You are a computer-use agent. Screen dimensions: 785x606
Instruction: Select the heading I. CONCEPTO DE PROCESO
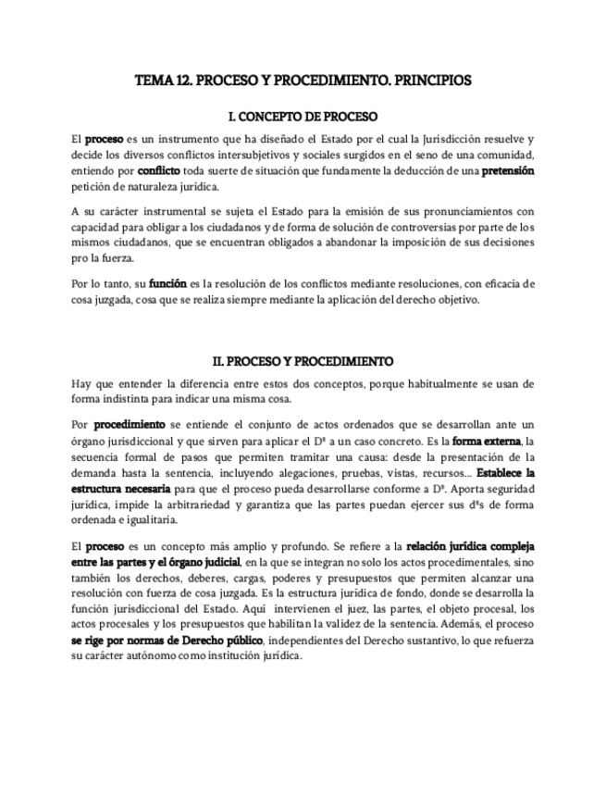coord(303,118)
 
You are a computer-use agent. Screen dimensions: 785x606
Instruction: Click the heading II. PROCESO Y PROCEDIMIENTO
coord(303,361)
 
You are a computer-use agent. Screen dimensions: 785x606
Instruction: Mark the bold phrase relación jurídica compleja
coord(471,546)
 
